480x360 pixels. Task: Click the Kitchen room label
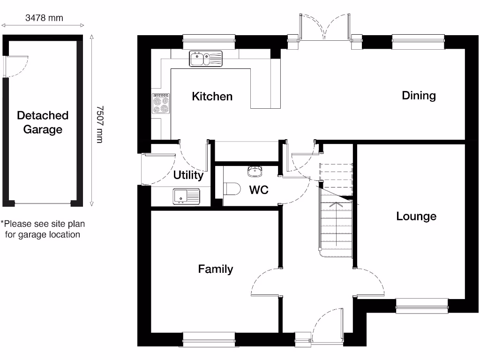(x=212, y=97)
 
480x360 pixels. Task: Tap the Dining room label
(x=419, y=96)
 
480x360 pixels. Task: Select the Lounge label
(x=416, y=216)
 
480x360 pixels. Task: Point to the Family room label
(x=215, y=269)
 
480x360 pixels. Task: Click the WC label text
(x=258, y=190)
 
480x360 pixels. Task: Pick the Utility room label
(x=188, y=175)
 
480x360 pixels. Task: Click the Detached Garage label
(x=43, y=122)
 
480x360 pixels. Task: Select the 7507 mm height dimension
(x=99, y=124)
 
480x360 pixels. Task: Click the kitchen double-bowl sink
(x=207, y=59)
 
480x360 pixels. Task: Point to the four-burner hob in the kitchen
(x=161, y=104)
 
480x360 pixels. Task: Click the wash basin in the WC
(x=256, y=171)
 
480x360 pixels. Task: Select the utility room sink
(x=186, y=196)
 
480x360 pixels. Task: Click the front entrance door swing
(x=327, y=324)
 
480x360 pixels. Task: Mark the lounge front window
(x=422, y=306)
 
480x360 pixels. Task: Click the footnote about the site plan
(x=43, y=229)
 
